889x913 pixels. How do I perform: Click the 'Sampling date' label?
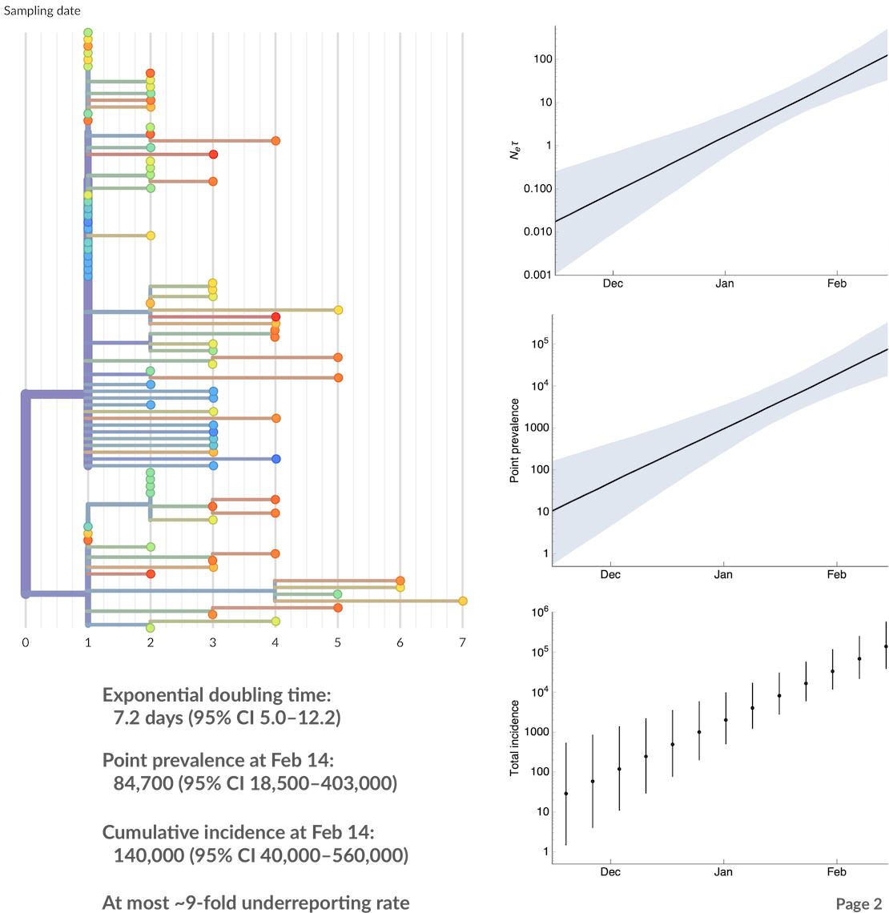click(x=42, y=11)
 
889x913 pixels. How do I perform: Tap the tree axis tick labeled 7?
click(x=462, y=642)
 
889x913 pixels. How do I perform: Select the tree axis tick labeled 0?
click(x=26, y=642)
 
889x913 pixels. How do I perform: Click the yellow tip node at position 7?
click(x=463, y=601)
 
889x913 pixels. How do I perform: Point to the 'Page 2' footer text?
click(x=859, y=903)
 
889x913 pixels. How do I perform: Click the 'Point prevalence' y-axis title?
click(x=515, y=440)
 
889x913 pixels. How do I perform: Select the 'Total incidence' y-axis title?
click(x=515, y=738)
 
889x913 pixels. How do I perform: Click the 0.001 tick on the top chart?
click(x=537, y=275)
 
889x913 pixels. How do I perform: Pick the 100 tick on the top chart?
click(x=542, y=59)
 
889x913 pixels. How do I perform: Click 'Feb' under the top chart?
click(x=836, y=284)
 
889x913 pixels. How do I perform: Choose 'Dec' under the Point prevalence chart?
click(x=610, y=574)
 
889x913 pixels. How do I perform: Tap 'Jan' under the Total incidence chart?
click(x=723, y=871)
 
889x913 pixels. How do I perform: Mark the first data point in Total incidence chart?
click(x=566, y=794)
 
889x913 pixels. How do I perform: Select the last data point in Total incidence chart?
click(x=886, y=646)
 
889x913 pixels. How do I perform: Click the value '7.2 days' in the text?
click(x=149, y=718)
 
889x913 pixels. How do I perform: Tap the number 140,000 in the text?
click(x=149, y=855)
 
